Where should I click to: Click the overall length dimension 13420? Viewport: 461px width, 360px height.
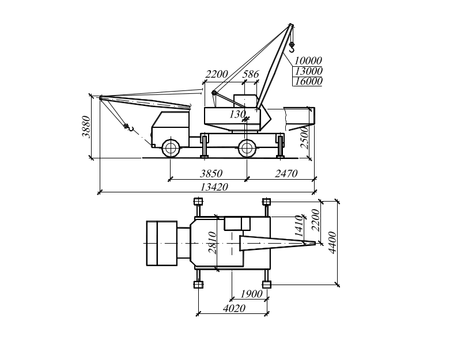click(x=214, y=186)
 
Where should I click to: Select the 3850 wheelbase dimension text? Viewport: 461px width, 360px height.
click(x=211, y=173)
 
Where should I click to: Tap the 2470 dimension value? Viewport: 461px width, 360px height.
click(x=286, y=173)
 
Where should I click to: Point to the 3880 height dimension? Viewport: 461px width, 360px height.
click(x=86, y=127)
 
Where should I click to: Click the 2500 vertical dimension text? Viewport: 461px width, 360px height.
click(x=305, y=138)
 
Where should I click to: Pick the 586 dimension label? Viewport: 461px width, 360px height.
click(x=251, y=74)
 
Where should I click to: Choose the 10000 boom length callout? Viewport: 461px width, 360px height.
click(x=308, y=60)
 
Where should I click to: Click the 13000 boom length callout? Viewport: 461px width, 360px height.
click(x=308, y=71)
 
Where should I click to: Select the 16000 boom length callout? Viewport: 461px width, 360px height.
click(x=308, y=81)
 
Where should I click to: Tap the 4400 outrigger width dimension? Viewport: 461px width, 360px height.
click(x=332, y=242)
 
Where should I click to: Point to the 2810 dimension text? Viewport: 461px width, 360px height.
click(x=212, y=242)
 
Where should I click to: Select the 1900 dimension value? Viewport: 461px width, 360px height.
click(x=251, y=294)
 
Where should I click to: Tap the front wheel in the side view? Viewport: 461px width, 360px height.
click(x=171, y=147)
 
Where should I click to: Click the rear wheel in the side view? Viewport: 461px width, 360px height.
click(x=247, y=147)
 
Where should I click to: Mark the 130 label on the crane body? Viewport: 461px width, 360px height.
click(x=237, y=114)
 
